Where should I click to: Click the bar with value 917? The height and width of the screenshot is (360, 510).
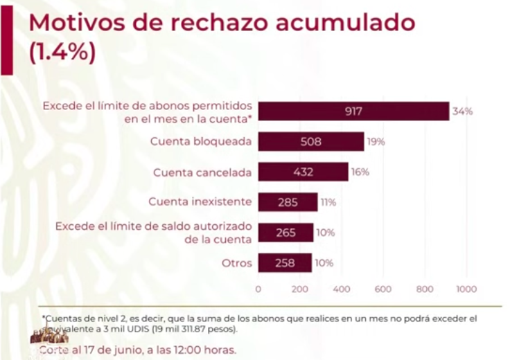click(x=353, y=111)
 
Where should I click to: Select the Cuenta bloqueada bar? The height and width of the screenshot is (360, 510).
click(x=310, y=142)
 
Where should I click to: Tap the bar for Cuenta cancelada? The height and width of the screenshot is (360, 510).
click(x=303, y=172)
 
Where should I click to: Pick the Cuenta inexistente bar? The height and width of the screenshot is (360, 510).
click(x=287, y=202)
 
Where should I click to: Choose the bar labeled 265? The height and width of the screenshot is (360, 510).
click(x=285, y=233)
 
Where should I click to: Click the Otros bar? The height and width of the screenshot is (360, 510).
click(x=284, y=263)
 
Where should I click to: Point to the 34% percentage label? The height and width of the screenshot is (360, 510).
click(x=462, y=111)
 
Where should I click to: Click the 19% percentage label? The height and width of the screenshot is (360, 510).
click(x=376, y=142)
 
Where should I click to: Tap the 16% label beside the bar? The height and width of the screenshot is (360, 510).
click(x=360, y=172)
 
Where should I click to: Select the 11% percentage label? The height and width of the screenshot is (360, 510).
click(x=328, y=202)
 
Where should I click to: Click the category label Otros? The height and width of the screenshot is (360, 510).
click(x=236, y=263)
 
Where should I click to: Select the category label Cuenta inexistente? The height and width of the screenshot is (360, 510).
click(x=200, y=202)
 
